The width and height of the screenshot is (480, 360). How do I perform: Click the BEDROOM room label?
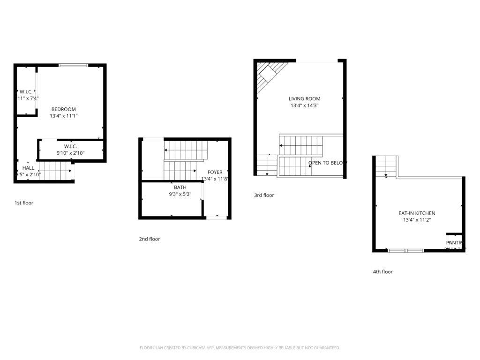pos(63,109)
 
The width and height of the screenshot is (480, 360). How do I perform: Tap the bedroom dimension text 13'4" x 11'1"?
pos(63,116)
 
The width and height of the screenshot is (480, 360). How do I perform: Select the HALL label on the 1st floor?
pos(28,168)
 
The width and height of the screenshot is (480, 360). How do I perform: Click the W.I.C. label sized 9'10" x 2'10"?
pos(70,146)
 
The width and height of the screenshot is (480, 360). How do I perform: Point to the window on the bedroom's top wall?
pos(73,65)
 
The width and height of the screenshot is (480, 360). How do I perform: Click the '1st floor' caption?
pos(24,203)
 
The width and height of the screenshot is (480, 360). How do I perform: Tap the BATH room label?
pos(180,187)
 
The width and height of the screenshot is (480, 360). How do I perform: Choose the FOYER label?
pos(215,172)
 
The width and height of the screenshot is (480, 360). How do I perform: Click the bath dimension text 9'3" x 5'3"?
pos(180,194)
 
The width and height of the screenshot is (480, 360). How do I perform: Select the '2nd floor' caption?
pos(149,239)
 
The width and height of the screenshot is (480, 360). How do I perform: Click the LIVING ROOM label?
pos(304,98)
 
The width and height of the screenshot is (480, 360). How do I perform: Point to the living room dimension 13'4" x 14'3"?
pos(304,105)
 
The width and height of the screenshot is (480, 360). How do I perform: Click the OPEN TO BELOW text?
pos(327,163)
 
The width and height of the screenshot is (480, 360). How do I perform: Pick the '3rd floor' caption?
pos(264,195)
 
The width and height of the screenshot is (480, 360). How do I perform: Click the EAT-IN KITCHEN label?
pos(417,213)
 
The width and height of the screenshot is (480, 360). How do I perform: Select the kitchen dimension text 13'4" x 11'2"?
pos(417,220)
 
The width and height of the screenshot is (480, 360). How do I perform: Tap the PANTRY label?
pos(455,243)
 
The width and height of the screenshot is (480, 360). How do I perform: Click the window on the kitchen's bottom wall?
pos(405,251)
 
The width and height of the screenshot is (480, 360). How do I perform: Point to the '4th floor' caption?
pos(382,272)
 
